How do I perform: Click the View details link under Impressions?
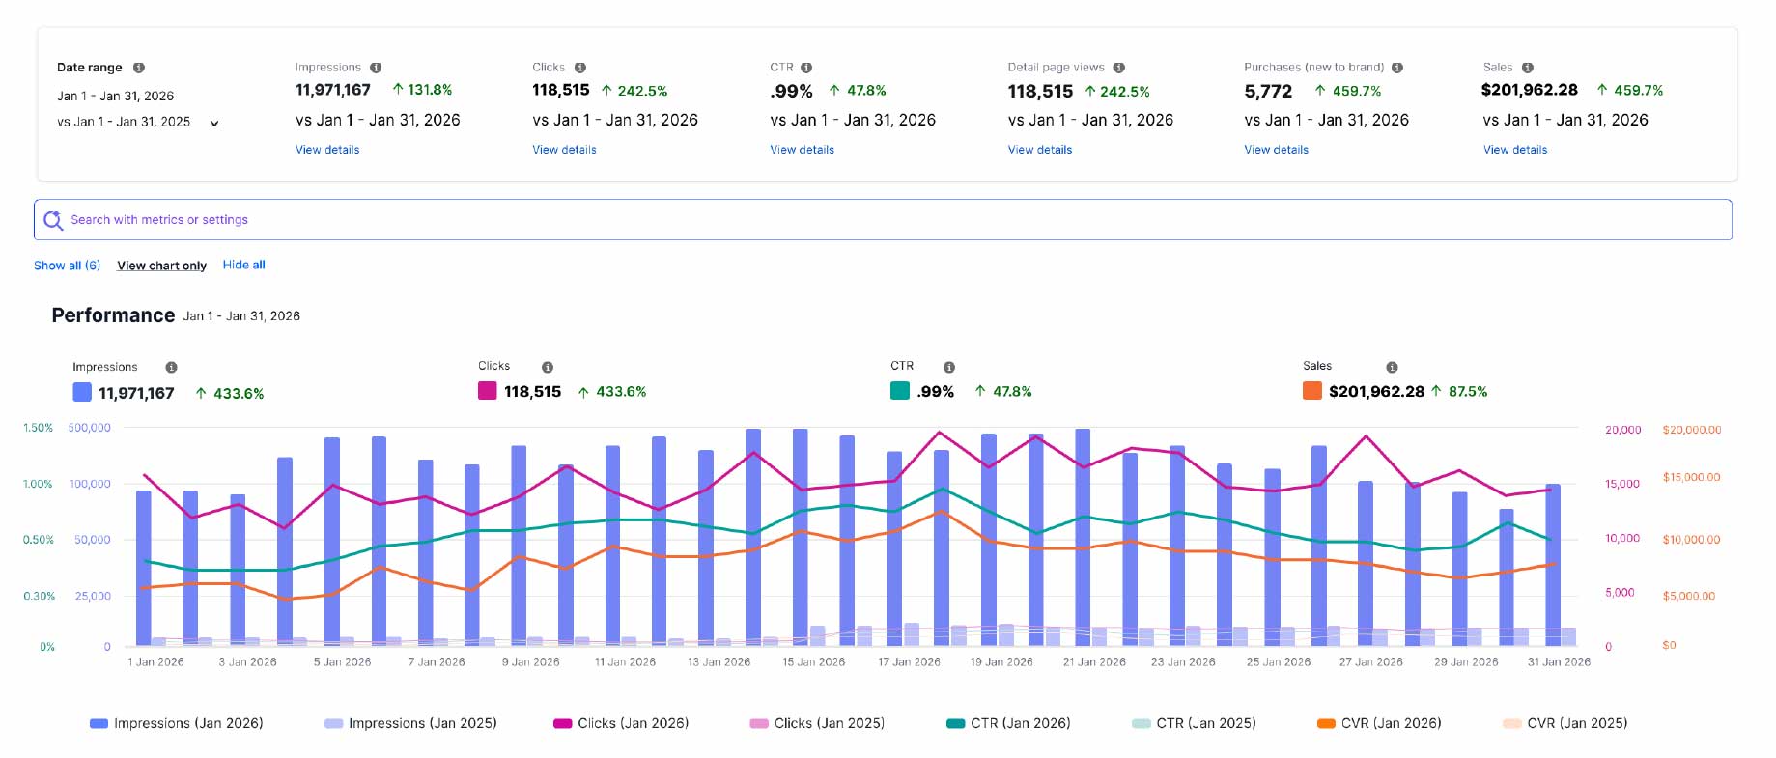click(327, 150)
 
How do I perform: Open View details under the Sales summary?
click(1515, 150)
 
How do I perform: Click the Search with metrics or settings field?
click(883, 220)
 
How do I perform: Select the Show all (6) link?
click(67, 266)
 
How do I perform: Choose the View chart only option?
click(161, 266)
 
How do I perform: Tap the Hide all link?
click(243, 265)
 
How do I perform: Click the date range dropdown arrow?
click(214, 123)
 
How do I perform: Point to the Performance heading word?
click(113, 315)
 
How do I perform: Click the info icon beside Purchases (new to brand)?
click(1397, 68)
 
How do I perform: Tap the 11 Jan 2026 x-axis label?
click(625, 662)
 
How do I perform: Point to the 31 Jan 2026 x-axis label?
click(1559, 662)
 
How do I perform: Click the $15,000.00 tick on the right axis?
click(1691, 477)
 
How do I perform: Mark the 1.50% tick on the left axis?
click(38, 428)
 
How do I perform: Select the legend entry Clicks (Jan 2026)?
click(621, 723)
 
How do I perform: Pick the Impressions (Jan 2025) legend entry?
click(410, 723)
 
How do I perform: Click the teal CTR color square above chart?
click(900, 391)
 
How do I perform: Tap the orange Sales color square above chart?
click(1312, 391)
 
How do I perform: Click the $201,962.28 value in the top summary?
click(1530, 90)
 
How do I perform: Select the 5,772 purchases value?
click(1268, 92)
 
